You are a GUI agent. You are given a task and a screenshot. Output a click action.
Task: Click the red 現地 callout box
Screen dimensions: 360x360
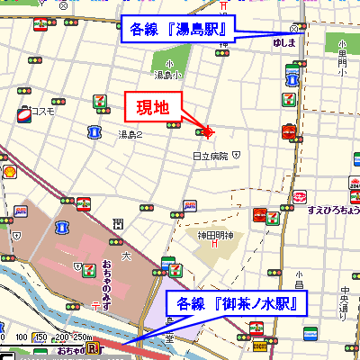coord(153,107)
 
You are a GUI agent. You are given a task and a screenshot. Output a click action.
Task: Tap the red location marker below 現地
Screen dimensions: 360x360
coord(207,133)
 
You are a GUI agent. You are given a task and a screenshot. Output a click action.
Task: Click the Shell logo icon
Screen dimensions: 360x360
coord(8,170)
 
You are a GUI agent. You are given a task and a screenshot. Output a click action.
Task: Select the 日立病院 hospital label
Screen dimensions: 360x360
coord(211,156)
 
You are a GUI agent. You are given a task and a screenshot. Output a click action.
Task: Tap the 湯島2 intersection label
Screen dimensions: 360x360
coord(131,134)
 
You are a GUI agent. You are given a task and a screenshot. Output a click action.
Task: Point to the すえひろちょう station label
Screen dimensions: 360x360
coord(333,210)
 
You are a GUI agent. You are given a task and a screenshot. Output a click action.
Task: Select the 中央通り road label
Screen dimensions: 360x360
coord(343,302)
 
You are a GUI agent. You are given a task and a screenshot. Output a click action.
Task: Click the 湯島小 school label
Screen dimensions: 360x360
coord(163,75)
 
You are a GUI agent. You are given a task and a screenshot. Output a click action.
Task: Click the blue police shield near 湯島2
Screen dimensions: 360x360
coord(94,132)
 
